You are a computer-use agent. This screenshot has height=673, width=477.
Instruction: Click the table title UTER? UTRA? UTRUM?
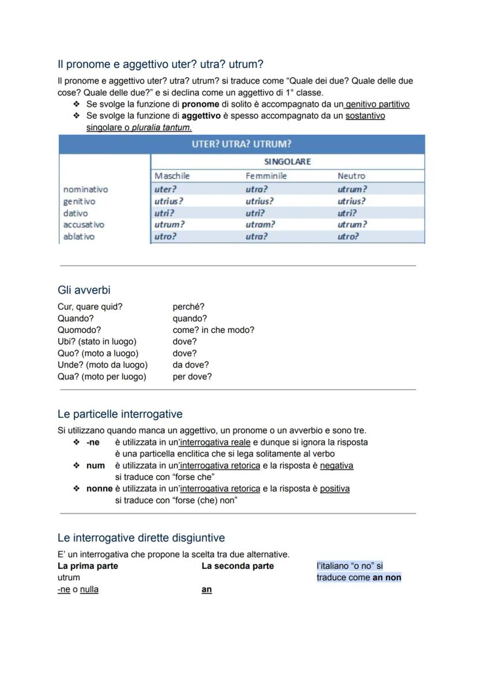click(241, 144)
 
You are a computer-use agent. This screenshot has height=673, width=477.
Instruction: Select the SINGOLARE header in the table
click(287, 162)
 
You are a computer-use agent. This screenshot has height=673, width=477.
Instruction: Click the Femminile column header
click(266, 176)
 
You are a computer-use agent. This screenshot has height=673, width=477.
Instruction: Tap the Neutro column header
click(351, 176)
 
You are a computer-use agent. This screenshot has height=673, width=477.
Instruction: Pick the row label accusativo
click(84, 225)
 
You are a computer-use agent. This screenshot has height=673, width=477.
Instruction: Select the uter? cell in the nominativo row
click(165, 189)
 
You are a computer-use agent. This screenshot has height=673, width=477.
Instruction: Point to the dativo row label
click(75, 213)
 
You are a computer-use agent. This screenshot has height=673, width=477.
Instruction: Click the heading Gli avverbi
click(84, 290)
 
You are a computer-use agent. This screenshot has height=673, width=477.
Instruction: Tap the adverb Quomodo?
click(79, 330)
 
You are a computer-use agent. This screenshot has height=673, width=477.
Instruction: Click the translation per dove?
click(192, 377)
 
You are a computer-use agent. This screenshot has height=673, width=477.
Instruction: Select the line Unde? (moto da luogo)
click(103, 365)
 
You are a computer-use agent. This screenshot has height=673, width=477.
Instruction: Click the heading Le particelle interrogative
click(120, 414)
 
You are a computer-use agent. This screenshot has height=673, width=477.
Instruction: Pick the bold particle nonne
click(99, 488)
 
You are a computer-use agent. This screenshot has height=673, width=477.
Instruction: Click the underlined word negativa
click(336, 465)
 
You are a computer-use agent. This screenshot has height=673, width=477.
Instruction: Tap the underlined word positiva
click(335, 488)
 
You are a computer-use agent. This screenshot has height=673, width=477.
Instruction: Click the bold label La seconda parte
click(237, 566)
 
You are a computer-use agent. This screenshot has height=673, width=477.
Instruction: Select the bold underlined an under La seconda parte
click(206, 590)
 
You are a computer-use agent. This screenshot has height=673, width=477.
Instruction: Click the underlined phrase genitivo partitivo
click(377, 104)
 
